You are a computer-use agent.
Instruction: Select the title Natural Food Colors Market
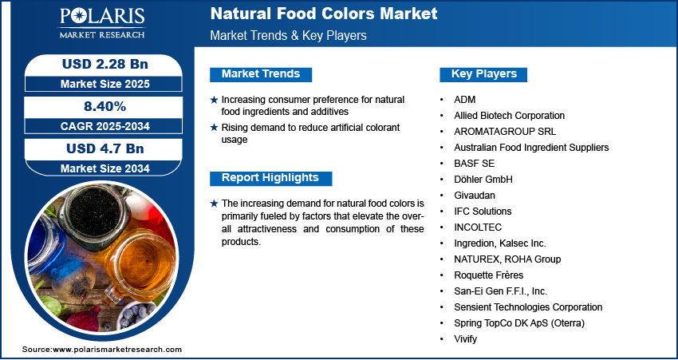click(x=323, y=14)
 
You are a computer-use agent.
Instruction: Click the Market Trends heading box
click(x=261, y=74)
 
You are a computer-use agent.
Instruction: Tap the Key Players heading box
click(x=484, y=74)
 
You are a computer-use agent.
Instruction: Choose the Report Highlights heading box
click(x=270, y=178)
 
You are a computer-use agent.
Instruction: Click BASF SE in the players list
click(x=475, y=163)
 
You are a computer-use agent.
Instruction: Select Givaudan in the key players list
click(x=475, y=195)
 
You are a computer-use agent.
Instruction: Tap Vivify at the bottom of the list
click(x=467, y=338)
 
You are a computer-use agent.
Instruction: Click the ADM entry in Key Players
click(x=464, y=99)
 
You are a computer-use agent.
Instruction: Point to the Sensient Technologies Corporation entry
click(x=528, y=307)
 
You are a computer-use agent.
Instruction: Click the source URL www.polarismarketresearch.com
click(x=117, y=350)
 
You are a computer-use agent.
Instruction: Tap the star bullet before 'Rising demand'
click(x=214, y=128)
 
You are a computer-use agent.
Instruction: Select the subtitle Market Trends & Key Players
click(x=287, y=36)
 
